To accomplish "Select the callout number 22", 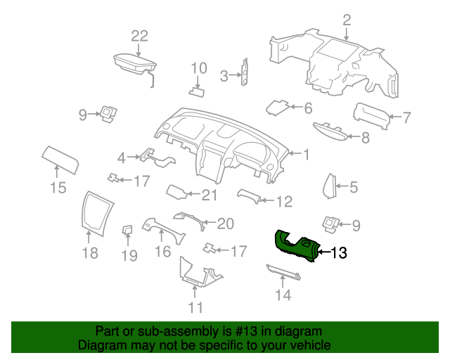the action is click(x=139, y=36).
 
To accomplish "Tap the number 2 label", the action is click(x=347, y=20).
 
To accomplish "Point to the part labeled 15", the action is click(x=60, y=160).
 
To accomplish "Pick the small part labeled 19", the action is click(x=127, y=230).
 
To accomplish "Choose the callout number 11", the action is click(x=195, y=307).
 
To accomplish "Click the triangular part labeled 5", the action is click(x=330, y=186).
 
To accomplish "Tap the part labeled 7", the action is click(x=372, y=116).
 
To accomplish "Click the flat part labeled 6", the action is click(x=278, y=108).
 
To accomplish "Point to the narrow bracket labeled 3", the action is click(x=245, y=72).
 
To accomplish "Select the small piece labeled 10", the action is click(x=197, y=92).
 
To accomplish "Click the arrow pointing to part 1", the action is click(x=294, y=153).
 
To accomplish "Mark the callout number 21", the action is click(x=210, y=195).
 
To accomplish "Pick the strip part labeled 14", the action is click(x=283, y=272).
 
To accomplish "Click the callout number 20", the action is click(x=226, y=224).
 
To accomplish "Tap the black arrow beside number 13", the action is click(x=324, y=252).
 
